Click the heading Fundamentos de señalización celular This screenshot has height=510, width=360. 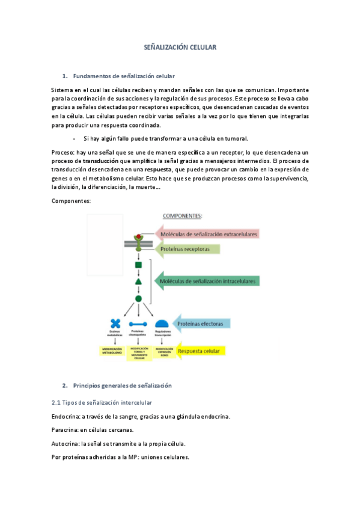(x=123, y=76)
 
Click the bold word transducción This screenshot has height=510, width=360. (x=100, y=161)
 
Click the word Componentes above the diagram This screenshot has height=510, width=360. (x=71, y=201)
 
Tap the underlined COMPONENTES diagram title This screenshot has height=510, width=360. (x=183, y=215)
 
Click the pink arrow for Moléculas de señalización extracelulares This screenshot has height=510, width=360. (x=207, y=233)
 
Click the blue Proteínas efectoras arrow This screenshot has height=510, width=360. (x=201, y=324)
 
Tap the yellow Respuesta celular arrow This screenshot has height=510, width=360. (x=198, y=351)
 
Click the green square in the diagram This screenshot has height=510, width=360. (x=139, y=265)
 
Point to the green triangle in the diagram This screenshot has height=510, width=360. (x=139, y=281)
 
